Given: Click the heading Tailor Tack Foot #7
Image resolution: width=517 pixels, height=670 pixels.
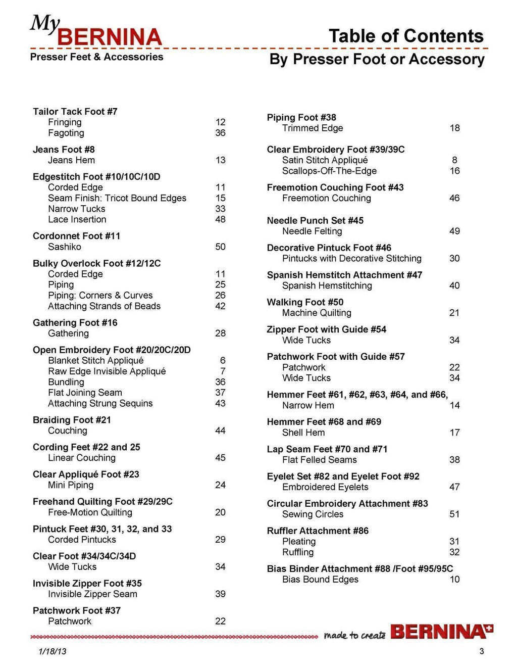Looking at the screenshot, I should (x=75, y=111).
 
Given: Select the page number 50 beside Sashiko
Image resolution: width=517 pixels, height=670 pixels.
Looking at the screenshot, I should (x=220, y=247).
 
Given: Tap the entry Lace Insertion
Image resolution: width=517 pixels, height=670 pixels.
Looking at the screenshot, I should (x=77, y=219).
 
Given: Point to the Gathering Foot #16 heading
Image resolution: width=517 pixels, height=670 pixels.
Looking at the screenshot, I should (x=75, y=322).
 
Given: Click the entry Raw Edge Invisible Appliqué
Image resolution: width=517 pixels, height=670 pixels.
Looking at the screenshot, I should (x=107, y=371).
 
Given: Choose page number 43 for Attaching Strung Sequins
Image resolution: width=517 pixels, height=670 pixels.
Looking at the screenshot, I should (x=220, y=403).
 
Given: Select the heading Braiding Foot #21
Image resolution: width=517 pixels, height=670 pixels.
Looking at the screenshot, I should (x=72, y=420).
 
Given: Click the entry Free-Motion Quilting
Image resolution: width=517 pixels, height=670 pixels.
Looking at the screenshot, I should (x=90, y=512).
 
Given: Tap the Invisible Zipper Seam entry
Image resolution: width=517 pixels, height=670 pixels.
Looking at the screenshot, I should (x=92, y=594).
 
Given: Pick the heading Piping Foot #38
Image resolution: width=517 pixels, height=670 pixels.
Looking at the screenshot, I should (x=301, y=117).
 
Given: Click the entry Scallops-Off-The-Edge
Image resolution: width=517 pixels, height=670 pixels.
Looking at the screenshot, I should (x=329, y=171).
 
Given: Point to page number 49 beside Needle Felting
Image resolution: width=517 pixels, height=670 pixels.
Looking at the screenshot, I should (x=454, y=231).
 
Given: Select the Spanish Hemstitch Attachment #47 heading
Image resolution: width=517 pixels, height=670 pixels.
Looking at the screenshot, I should (x=344, y=275).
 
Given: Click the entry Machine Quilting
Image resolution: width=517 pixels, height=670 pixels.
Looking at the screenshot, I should (x=317, y=313).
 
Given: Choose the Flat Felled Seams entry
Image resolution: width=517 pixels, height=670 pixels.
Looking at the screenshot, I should (x=319, y=459).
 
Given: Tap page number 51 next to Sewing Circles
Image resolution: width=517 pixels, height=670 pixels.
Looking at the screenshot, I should (x=454, y=514).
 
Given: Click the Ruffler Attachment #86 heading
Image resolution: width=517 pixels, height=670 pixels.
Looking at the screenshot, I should (x=318, y=531).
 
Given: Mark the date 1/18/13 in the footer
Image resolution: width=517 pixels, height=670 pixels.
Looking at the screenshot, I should (x=52, y=651).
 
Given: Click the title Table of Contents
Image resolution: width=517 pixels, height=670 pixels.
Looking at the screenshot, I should (x=406, y=36).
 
